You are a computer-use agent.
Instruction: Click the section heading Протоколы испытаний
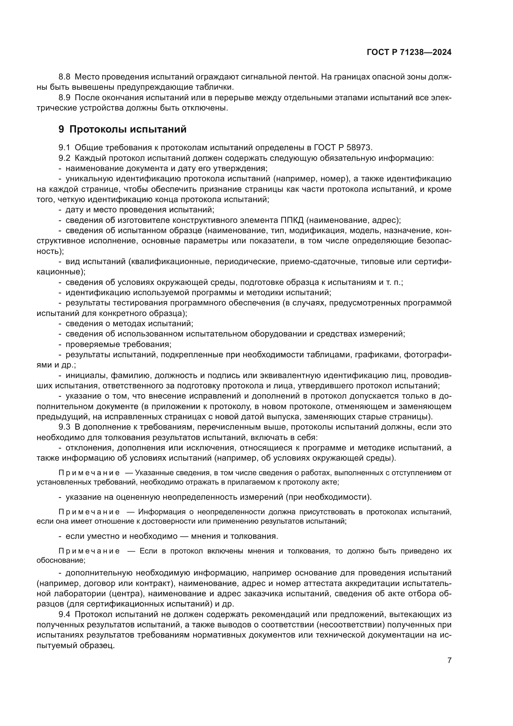[127, 129]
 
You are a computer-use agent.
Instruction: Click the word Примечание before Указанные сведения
[89, 473]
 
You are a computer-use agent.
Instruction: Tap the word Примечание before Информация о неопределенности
[89, 512]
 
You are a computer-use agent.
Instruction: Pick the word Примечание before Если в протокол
[89, 551]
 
